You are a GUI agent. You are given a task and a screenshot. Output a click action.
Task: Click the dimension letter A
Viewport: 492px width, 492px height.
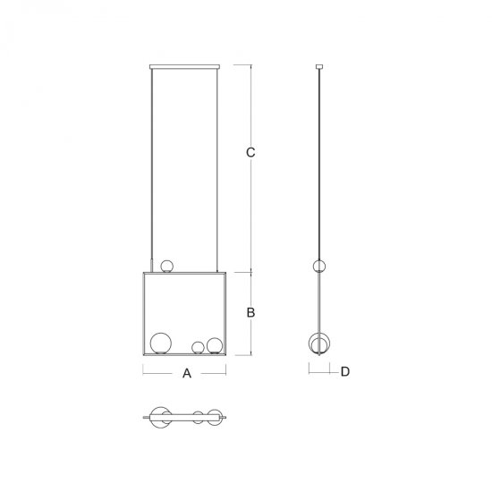pos(187,373)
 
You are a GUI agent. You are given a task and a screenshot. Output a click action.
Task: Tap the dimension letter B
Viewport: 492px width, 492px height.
pos(250,312)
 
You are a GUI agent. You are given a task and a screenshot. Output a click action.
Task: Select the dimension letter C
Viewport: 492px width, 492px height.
pos(250,152)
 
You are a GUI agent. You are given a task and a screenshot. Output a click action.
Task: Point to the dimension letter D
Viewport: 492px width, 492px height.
pos(344,371)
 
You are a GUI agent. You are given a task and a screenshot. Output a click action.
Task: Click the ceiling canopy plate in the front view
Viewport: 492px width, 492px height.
pos(184,66)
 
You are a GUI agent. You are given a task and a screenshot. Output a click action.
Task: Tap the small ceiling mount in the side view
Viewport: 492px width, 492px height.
pos(319,66)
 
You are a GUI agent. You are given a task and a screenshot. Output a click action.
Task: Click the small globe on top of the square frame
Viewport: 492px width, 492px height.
pos(166,266)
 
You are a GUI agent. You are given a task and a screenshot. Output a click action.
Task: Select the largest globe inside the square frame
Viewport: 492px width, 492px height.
pos(161,344)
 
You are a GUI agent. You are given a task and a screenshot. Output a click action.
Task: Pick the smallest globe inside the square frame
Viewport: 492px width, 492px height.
pos(198,348)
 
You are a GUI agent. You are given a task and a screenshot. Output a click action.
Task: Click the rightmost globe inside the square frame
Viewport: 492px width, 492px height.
pos(215,346)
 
